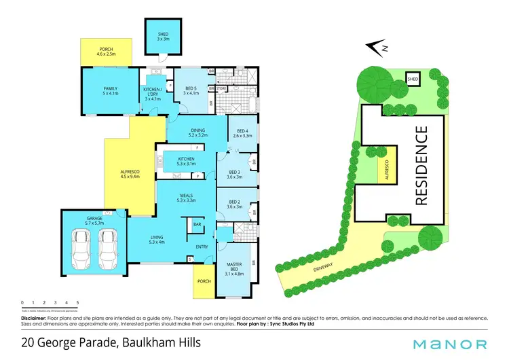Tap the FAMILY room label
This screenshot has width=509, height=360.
[111, 91]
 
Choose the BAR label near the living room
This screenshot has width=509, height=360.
[198, 224]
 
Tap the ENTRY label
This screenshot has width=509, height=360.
[202, 247]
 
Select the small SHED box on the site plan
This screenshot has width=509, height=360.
[413, 79]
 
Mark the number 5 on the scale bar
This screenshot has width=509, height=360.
[78, 302]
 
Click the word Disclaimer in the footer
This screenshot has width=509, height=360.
[33, 317]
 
